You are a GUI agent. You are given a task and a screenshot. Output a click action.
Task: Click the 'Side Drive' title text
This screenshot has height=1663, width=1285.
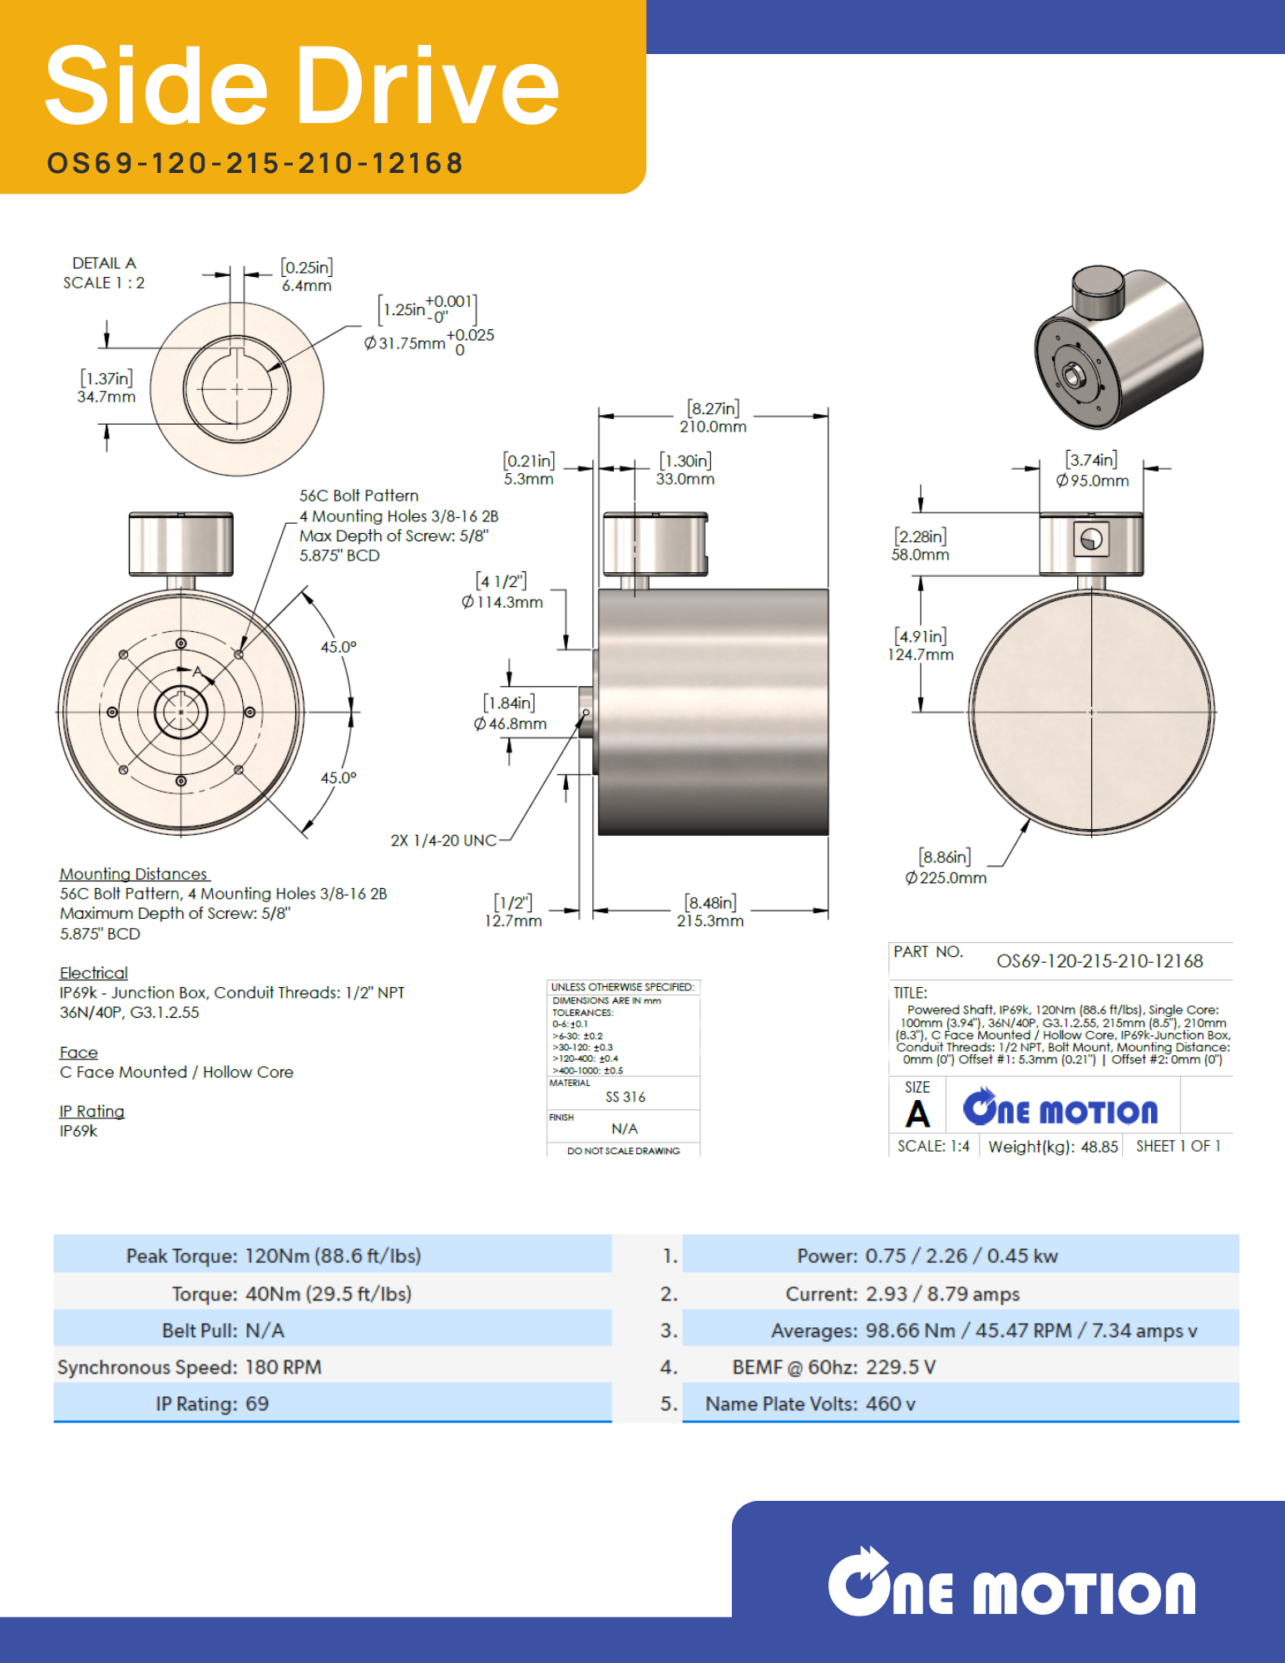(301, 86)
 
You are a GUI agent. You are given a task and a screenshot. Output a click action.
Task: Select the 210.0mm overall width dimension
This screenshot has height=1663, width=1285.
(713, 426)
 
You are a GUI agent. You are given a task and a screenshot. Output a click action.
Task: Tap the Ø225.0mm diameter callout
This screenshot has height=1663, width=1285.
(946, 877)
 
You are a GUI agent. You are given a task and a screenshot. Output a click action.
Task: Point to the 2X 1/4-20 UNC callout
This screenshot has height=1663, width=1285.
(443, 841)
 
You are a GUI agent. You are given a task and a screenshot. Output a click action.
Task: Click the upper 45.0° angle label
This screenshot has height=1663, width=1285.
(339, 647)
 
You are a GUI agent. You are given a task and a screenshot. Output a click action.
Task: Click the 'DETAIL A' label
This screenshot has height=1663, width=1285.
(104, 263)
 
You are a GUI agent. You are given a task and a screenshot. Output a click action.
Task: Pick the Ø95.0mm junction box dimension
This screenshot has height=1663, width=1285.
(1092, 480)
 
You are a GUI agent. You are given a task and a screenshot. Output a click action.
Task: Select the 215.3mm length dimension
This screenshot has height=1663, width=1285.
(709, 920)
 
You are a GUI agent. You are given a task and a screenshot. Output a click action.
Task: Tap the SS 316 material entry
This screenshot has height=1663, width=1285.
(625, 1097)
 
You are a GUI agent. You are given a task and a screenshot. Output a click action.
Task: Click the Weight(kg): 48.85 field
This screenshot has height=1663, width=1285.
(1053, 1147)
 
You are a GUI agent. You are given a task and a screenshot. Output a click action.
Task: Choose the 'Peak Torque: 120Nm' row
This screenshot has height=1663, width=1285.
(274, 1256)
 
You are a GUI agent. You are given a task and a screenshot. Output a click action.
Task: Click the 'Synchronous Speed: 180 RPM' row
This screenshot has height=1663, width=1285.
(190, 1367)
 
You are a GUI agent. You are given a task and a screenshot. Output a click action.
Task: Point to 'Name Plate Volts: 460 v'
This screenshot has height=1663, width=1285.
(810, 1404)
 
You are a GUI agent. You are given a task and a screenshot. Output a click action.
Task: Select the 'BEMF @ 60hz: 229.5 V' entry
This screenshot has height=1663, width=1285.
(833, 1367)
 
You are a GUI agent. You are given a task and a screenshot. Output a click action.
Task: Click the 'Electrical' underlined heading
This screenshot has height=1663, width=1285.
(93, 973)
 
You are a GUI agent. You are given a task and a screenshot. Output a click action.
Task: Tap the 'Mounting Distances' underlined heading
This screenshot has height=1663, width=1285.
(133, 874)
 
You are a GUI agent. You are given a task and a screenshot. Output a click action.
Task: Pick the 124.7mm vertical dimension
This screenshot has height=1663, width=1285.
(920, 654)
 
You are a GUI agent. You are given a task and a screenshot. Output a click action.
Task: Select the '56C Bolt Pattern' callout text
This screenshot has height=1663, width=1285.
(358, 496)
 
